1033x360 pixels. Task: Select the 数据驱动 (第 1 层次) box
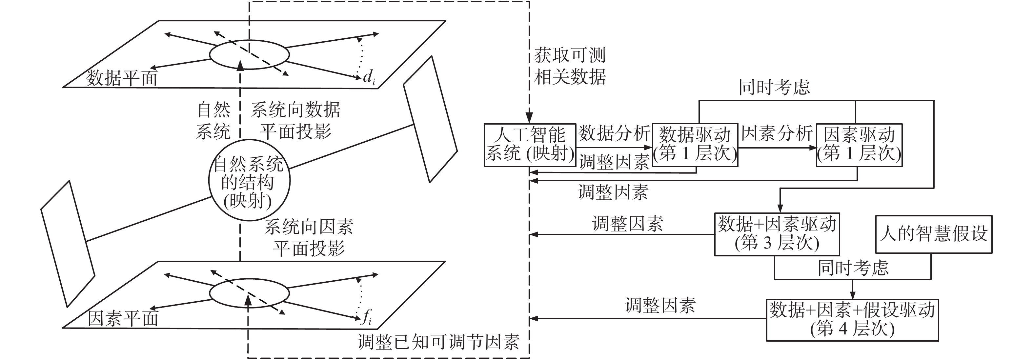(x=695, y=145)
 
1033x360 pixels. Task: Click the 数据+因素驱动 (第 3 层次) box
(x=777, y=234)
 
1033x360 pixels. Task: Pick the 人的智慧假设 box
(x=933, y=234)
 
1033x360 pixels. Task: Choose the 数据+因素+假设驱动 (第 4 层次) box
(x=852, y=320)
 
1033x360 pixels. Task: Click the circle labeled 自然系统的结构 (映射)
(x=249, y=180)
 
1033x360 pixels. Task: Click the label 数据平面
(x=122, y=78)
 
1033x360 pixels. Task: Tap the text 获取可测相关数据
(x=570, y=66)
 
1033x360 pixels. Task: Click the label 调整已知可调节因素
(x=438, y=342)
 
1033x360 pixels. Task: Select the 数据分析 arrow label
(x=614, y=133)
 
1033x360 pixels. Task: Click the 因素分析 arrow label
(x=777, y=133)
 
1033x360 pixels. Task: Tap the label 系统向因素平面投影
(x=309, y=238)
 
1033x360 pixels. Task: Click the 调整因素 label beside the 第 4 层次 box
(x=660, y=306)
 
